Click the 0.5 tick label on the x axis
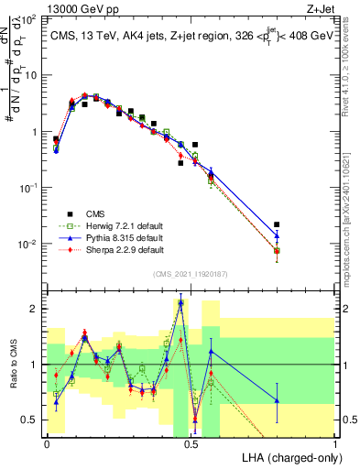click(191, 442)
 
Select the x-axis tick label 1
click(336, 442)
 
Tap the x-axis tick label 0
click(48, 442)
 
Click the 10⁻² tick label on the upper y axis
click(30, 244)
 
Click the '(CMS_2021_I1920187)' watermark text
click(191, 272)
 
